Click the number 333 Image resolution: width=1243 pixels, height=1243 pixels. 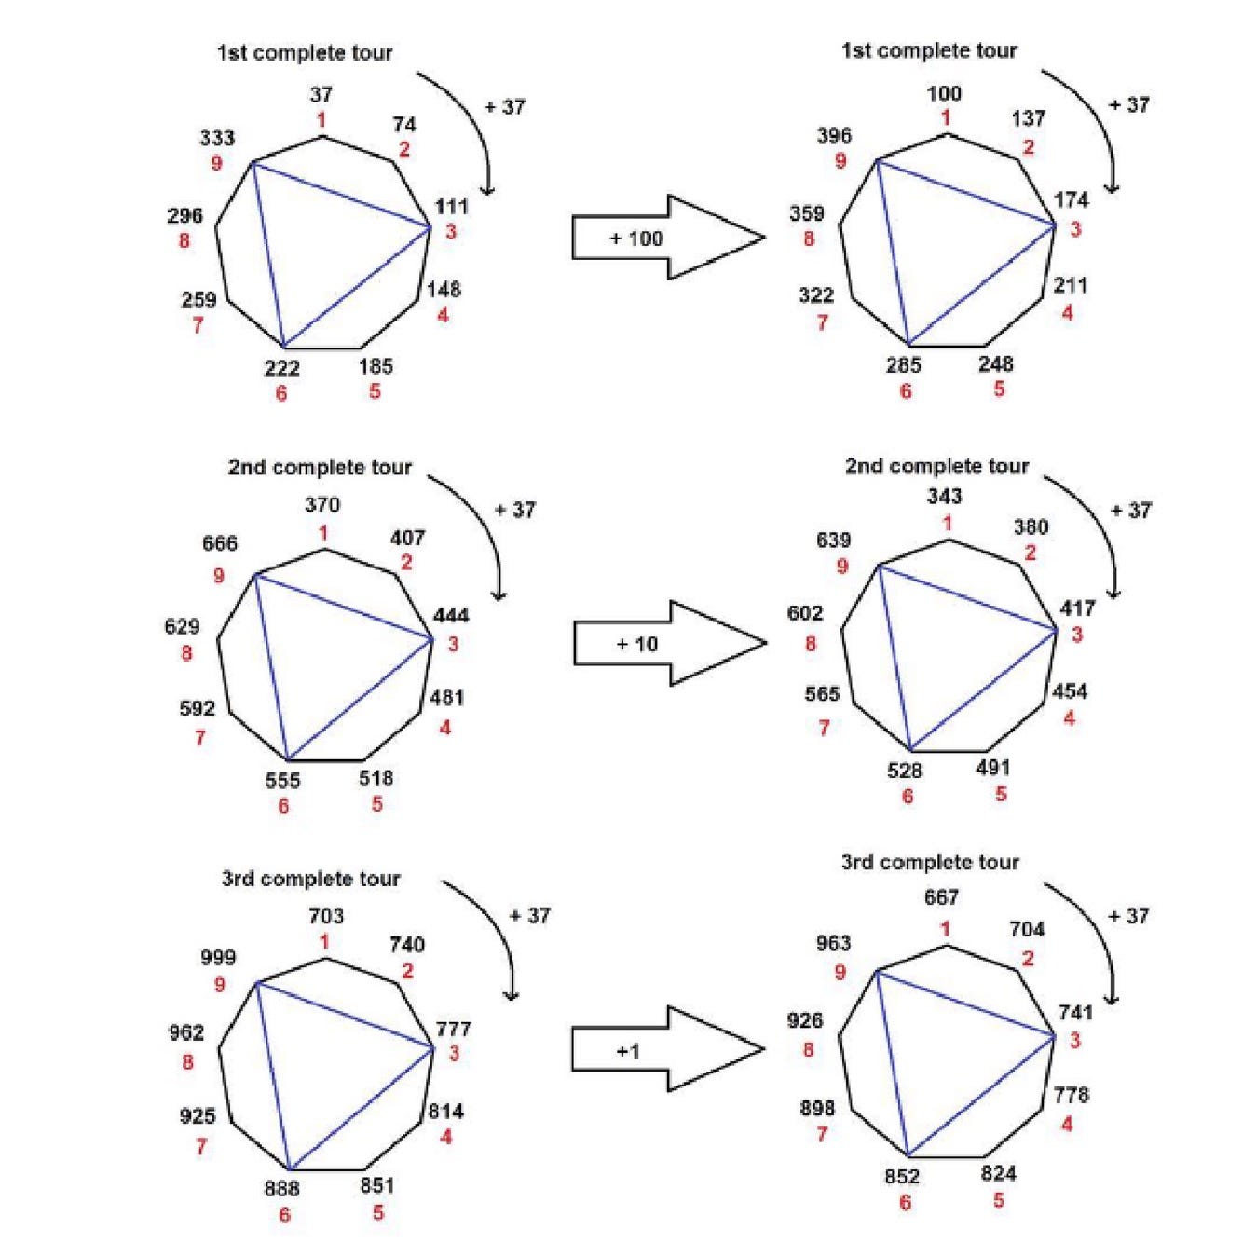pos(217,139)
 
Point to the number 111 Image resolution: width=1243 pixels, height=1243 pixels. pos(452,206)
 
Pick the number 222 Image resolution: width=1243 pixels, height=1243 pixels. pos(281,368)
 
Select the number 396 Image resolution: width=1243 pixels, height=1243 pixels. pos(834,136)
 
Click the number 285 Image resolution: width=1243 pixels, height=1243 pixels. pos(904,365)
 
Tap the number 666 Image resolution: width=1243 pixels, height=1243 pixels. pos(220,543)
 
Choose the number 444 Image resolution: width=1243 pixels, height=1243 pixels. pos(452,616)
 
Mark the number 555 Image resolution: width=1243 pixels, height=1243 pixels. pos(282,781)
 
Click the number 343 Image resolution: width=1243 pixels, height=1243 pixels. pos(944,497)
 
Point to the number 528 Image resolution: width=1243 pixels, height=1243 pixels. pos(905,771)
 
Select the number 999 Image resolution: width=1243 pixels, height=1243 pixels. pos(218,957)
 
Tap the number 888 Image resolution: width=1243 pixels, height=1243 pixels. pos(282,1188)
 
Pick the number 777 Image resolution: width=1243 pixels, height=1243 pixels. pos(454,1029)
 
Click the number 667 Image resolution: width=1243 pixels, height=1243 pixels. pos(942,897)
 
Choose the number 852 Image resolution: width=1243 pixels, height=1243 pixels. pos(903,1177)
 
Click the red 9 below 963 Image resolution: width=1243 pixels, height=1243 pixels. pos(840,973)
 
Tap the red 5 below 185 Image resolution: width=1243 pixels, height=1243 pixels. pos(375,391)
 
